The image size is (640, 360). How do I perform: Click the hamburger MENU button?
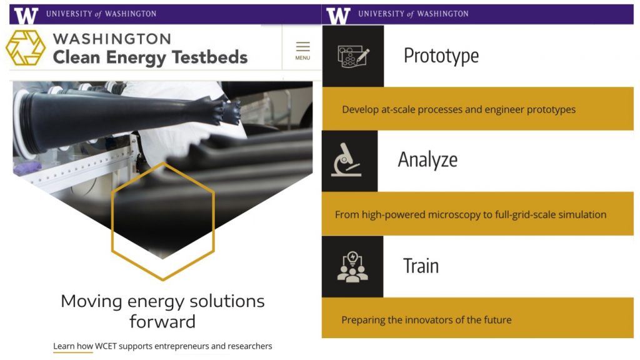click(x=302, y=51)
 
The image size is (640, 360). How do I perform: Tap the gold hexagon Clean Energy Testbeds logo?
click(x=25, y=47)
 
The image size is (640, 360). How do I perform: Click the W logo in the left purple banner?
click(x=26, y=15)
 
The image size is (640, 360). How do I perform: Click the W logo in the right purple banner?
click(x=338, y=15)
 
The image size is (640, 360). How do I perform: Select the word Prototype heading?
click(x=441, y=56)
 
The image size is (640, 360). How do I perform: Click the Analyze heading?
click(x=427, y=159)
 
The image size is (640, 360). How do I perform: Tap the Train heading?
click(x=421, y=266)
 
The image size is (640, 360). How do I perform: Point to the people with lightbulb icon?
click(x=352, y=267)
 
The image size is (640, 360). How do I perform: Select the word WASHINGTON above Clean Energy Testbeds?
click(x=112, y=39)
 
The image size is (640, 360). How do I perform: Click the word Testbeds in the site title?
click(x=209, y=57)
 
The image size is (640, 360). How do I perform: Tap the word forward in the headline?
click(x=162, y=321)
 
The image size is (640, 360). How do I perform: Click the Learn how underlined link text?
click(x=73, y=346)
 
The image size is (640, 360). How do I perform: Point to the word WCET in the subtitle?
click(x=106, y=346)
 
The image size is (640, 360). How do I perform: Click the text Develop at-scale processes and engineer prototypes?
click(x=459, y=109)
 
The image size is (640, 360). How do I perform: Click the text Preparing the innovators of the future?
click(x=426, y=319)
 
